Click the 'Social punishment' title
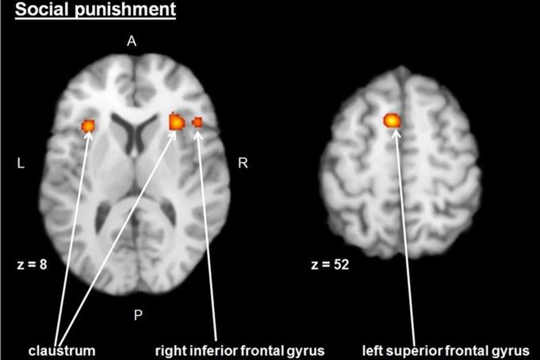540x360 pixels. [95, 10]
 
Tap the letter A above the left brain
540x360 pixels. [131, 42]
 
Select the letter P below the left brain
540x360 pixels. [138, 316]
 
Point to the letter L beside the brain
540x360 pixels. [21, 164]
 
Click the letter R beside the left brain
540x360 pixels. [243, 164]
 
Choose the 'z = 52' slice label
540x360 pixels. [330, 265]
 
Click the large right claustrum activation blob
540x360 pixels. [177, 122]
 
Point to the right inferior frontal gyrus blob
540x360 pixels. [197, 122]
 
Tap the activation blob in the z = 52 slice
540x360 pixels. [393, 120]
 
